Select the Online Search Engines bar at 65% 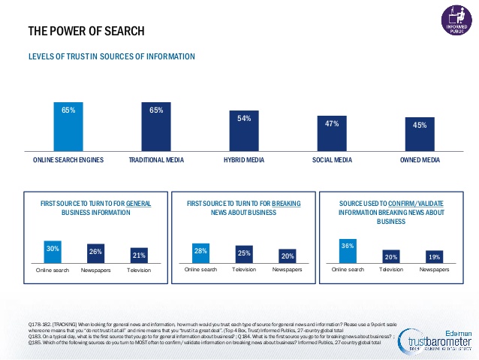[68, 129]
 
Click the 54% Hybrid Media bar [243, 132]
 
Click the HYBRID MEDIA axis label [243, 161]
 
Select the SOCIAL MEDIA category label [333, 161]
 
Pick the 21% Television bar [139, 256]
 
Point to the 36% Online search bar [348, 250]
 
